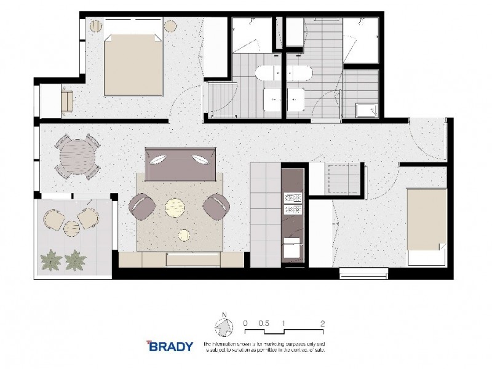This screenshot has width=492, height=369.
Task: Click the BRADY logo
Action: tap(169, 346)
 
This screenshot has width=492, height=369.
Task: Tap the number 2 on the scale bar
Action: tap(322, 322)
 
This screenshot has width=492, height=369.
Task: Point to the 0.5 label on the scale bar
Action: tap(264, 322)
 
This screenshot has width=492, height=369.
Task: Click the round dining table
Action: tap(78, 156)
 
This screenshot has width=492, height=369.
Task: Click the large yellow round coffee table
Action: tap(175, 207)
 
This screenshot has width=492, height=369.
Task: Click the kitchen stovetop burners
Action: tap(290, 204)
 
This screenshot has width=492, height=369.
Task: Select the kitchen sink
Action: tap(291, 249)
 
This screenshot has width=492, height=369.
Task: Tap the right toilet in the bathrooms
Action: tap(301, 73)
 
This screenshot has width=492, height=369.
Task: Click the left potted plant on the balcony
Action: tap(51, 260)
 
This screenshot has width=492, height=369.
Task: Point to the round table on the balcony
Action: tap(72, 227)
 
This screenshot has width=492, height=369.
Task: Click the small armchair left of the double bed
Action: tap(66, 100)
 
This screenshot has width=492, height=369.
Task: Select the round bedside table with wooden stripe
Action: tap(96, 26)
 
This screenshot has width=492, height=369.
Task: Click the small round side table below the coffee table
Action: tap(184, 234)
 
